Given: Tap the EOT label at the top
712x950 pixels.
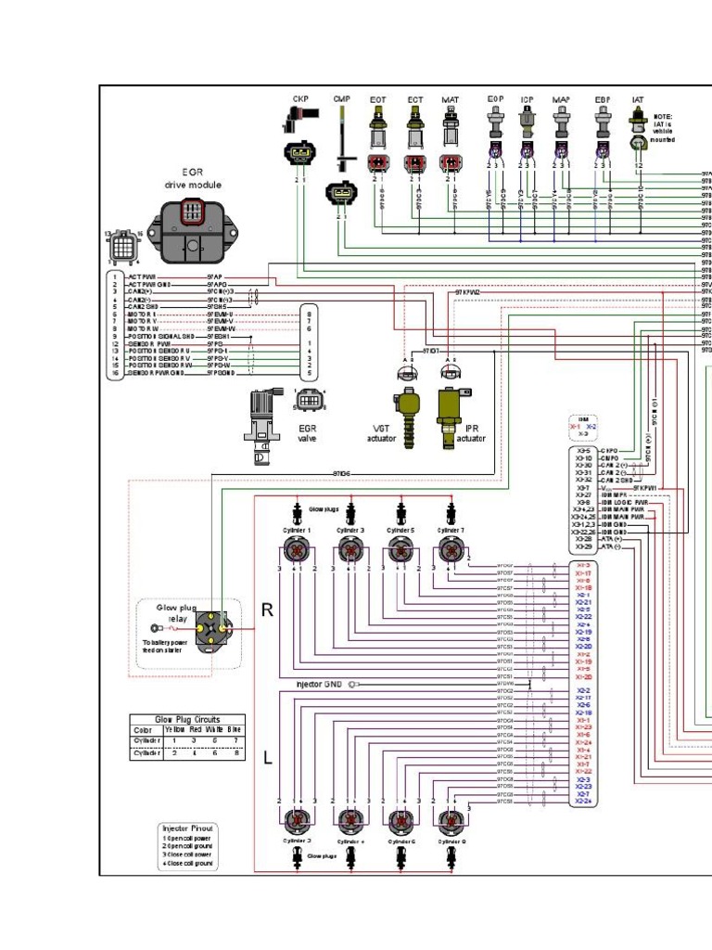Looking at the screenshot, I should coord(378,98).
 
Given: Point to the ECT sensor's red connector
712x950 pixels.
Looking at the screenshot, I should coord(415,163).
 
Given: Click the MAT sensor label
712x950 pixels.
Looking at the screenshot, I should coord(450,98).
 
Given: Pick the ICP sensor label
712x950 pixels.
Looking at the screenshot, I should coord(527,98).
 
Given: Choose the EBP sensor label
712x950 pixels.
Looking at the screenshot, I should coord(604,98).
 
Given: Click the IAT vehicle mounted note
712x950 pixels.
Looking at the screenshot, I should coord(663,128).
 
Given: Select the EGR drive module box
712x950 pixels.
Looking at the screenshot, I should coord(192,228).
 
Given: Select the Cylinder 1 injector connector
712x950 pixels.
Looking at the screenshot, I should coord(298,550).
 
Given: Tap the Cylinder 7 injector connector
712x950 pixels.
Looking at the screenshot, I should coord(451,550).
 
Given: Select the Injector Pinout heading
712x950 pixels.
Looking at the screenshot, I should coord(189,828).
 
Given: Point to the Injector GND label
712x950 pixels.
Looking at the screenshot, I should coord(319,685).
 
